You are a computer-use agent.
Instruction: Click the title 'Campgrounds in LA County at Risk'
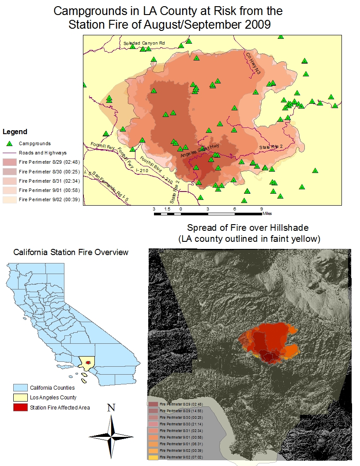click(168, 11)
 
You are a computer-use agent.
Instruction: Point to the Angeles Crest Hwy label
click(199, 151)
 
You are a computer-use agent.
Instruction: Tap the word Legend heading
click(15, 132)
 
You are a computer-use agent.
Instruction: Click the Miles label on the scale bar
click(267, 213)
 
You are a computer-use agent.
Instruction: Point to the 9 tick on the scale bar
click(261, 208)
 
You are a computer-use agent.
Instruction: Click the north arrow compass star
click(111, 435)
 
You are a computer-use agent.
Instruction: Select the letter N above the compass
click(111, 408)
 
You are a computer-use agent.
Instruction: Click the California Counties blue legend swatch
click(20, 388)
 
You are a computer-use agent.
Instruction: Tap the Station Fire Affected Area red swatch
click(20, 407)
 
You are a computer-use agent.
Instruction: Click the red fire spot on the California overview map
click(88, 362)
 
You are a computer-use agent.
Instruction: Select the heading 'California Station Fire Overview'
click(71, 252)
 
